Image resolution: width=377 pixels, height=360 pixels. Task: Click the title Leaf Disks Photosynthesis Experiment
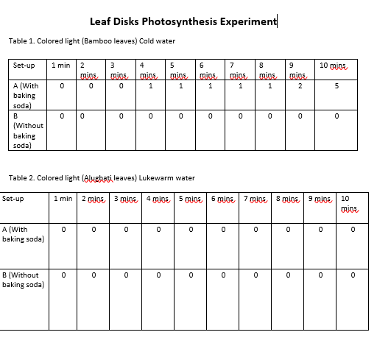(183, 21)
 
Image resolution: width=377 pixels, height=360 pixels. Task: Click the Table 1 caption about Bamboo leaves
(92, 40)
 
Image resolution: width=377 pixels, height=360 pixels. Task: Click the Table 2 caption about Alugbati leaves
(102, 178)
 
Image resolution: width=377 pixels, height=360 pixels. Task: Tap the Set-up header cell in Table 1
(24, 66)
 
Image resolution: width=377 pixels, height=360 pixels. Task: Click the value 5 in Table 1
(337, 86)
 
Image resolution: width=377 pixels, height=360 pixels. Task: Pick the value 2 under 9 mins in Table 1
(300, 86)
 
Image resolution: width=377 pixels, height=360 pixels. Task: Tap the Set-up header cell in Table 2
(13, 199)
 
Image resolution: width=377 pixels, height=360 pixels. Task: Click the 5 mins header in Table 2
(191, 199)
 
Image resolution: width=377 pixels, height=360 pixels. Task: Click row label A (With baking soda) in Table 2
(23, 234)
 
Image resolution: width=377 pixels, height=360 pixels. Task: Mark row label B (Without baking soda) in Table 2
(23, 280)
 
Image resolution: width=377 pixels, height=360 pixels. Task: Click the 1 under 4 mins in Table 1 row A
(150, 86)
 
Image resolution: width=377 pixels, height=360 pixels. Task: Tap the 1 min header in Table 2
(63, 199)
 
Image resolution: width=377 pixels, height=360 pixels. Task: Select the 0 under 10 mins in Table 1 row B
(337, 116)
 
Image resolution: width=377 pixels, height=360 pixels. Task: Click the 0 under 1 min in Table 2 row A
(63, 230)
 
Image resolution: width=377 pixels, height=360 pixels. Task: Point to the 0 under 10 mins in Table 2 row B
(352, 275)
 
